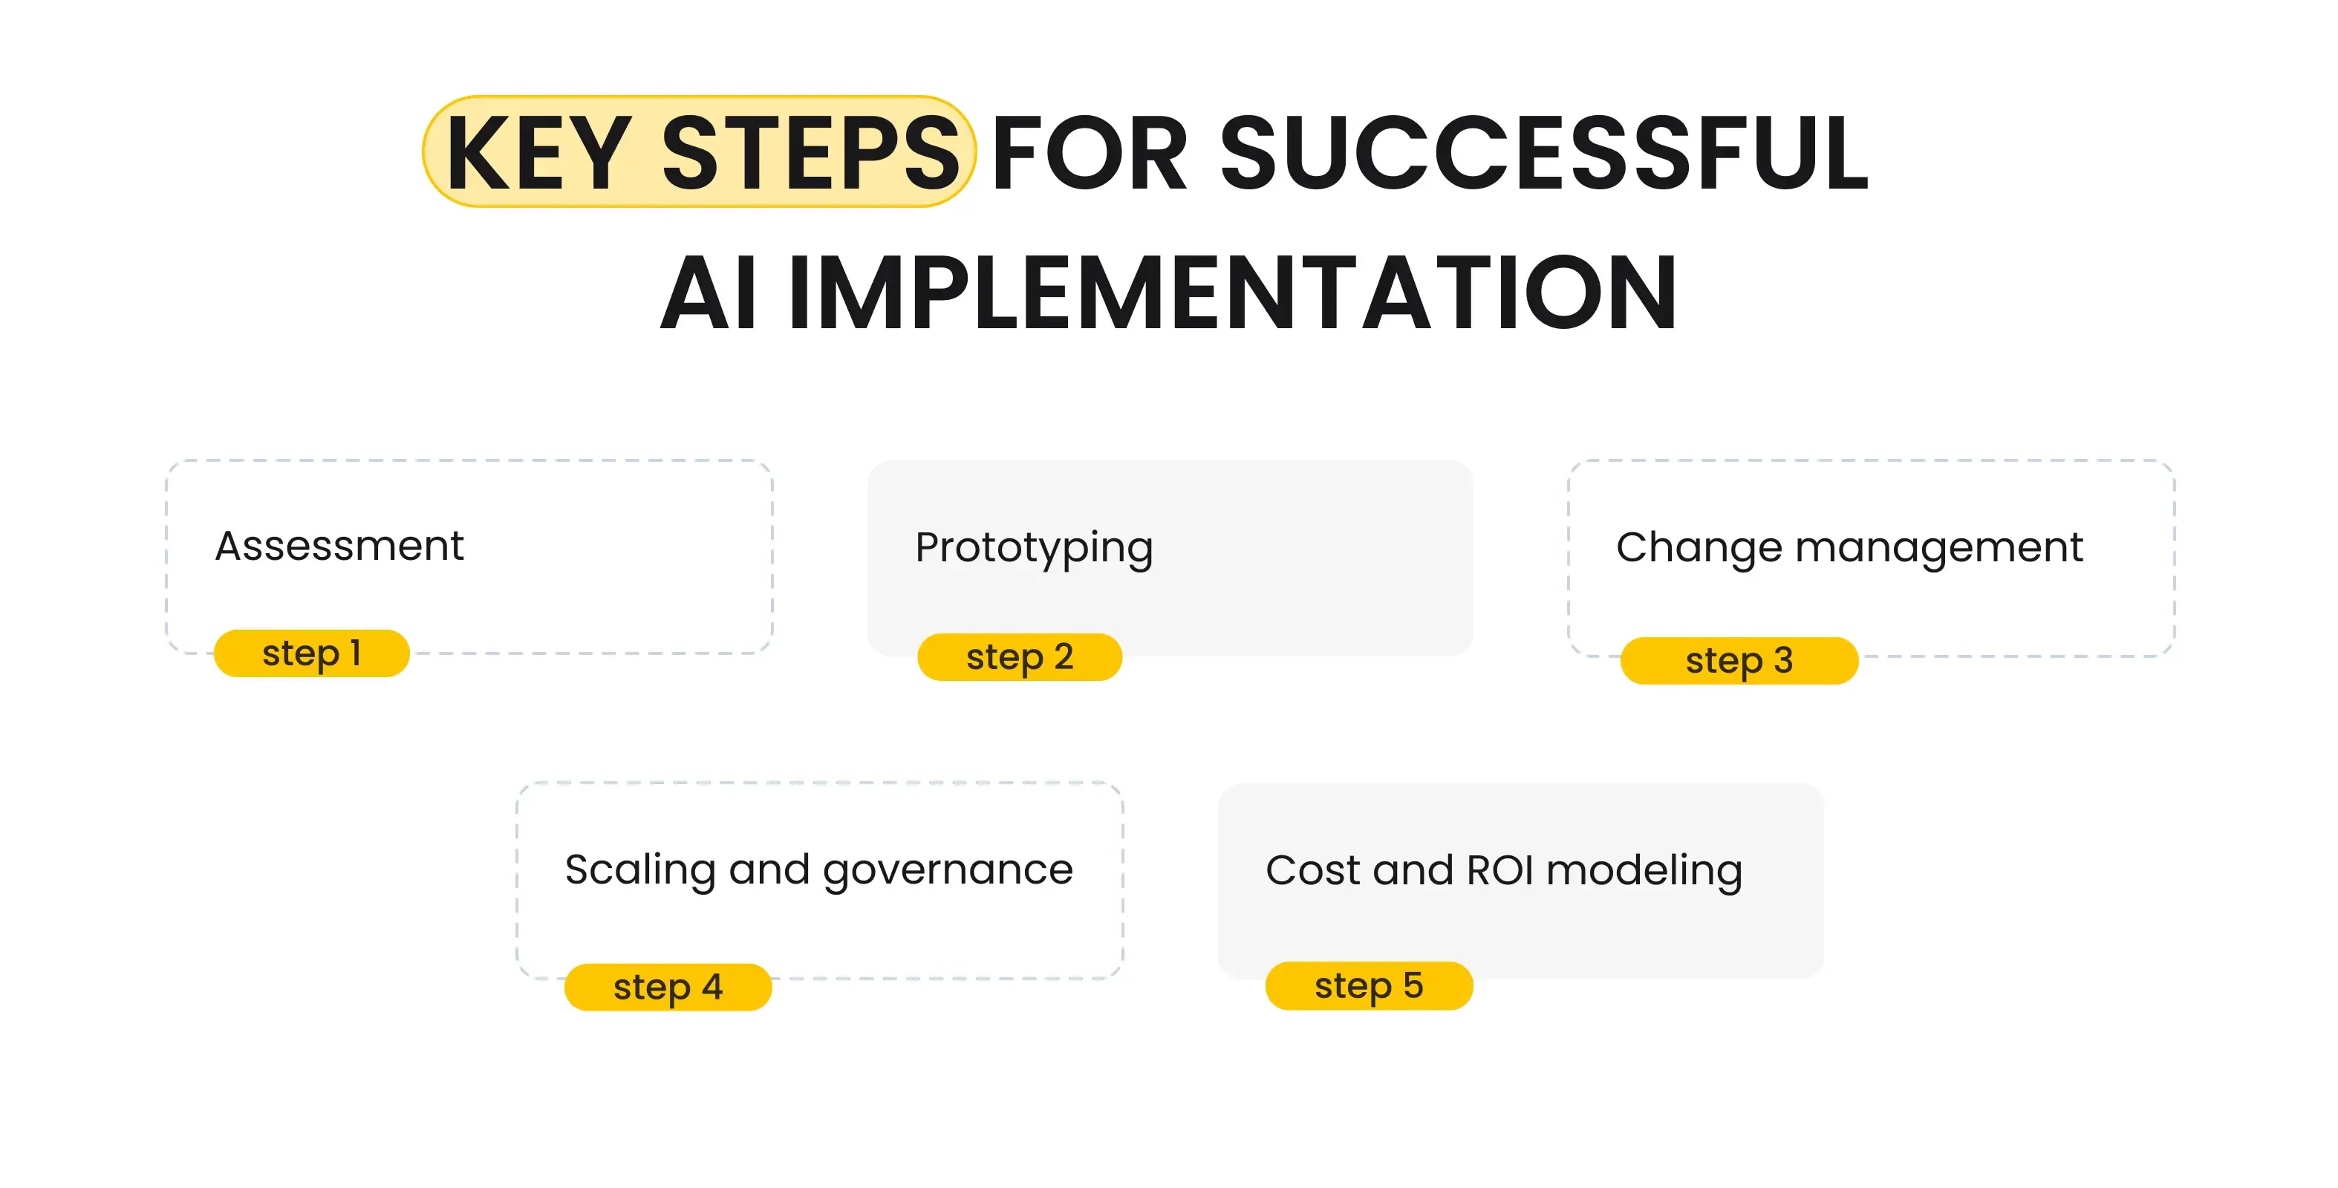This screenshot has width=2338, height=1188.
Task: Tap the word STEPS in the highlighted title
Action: (x=810, y=152)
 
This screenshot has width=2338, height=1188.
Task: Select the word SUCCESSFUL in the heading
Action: (x=1543, y=152)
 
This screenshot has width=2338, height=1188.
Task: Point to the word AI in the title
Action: (x=709, y=293)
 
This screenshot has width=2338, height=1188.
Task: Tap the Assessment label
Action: (x=339, y=546)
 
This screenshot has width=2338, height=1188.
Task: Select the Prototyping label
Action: (x=1034, y=548)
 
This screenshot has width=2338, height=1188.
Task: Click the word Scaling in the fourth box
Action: (x=640, y=870)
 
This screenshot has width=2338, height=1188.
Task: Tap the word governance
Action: (x=948, y=870)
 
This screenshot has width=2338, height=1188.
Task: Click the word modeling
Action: (x=1644, y=870)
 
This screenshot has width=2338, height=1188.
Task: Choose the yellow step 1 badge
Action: (x=311, y=653)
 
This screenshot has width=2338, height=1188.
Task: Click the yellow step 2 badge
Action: (x=1019, y=657)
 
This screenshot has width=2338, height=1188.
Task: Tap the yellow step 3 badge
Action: (x=1739, y=661)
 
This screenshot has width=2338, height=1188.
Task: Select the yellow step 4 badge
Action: (x=668, y=988)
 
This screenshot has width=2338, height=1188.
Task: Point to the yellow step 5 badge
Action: (x=1369, y=985)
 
